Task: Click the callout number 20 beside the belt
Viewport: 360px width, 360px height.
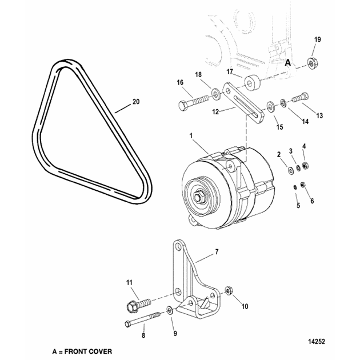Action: pyautogui.click(x=135, y=102)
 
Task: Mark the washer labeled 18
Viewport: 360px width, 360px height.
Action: pyautogui.click(x=215, y=92)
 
